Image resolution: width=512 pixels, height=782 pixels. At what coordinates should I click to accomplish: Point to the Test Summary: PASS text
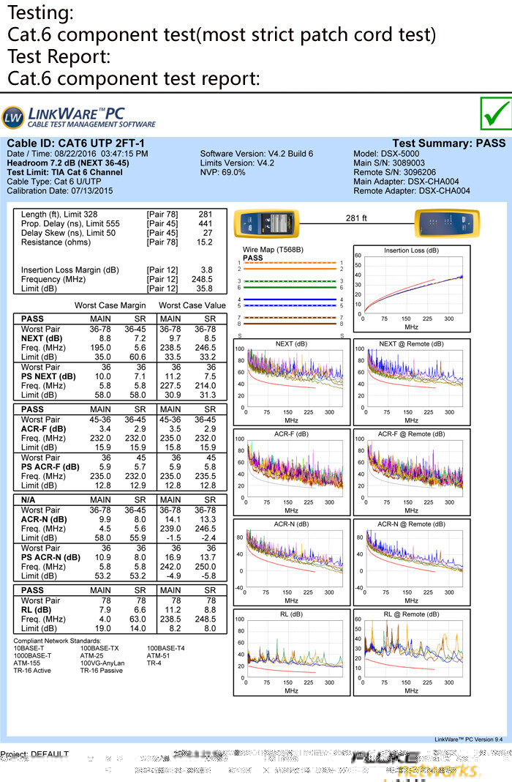click(448, 144)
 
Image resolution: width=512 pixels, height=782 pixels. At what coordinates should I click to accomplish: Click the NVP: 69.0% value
click(222, 172)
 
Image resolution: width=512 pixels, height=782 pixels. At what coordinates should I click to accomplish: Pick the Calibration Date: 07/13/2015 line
click(60, 191)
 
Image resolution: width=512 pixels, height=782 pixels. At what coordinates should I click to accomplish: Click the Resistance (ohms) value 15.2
click(205, 242)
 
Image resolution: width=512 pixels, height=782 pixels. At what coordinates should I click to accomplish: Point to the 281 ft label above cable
click(356, 217)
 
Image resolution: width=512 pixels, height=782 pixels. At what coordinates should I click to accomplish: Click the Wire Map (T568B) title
click(273, 250)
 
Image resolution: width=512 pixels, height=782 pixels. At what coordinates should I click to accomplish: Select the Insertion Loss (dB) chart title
click(411, 250)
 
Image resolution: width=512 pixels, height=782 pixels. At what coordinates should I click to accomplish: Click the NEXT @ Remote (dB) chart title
click(410, 343)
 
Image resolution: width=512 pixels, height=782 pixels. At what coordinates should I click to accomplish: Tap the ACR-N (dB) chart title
click(291, 524)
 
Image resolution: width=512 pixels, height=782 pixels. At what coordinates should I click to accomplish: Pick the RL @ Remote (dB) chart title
click(410, 614)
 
